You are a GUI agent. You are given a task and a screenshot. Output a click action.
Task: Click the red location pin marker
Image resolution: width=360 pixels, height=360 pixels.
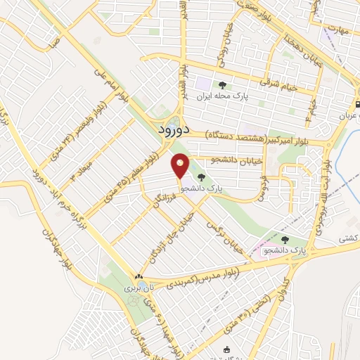click(x=181, y=167)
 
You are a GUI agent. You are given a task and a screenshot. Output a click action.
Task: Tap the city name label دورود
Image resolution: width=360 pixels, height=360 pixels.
click(x=169, y=129)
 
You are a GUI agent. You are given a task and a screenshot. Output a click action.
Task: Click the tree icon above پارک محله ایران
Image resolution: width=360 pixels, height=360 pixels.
click(x=222, y=85)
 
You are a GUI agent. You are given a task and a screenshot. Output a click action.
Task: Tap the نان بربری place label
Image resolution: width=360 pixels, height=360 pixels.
click(x=134, y=288)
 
